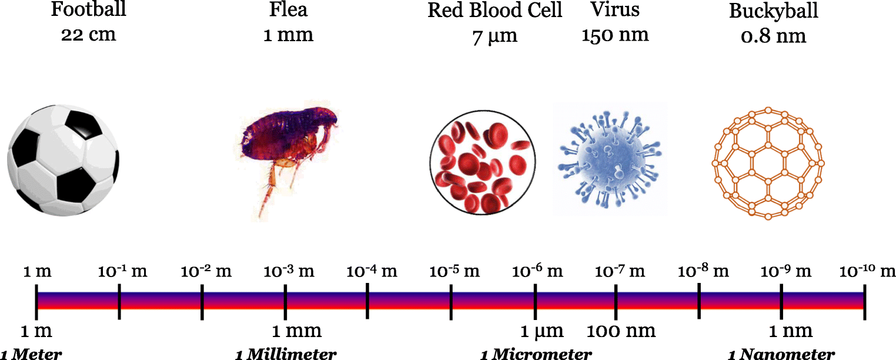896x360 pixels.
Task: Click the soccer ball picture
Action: [63, 159]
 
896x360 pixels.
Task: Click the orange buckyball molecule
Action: [768, 164]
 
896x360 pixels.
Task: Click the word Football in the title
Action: [89, 10]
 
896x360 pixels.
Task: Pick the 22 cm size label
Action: [89, 35]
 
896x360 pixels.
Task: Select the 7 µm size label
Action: [494, 36]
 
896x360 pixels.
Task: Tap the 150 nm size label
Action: [615, 35]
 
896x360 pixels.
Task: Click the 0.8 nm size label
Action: [773, 36]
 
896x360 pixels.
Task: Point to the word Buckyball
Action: [773, 11]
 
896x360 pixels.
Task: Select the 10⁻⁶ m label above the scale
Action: [537, 272]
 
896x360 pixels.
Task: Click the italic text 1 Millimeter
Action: [286, 354]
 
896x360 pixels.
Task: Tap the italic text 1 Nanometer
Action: [781, 354]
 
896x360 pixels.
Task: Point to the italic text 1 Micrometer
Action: [536, 354]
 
